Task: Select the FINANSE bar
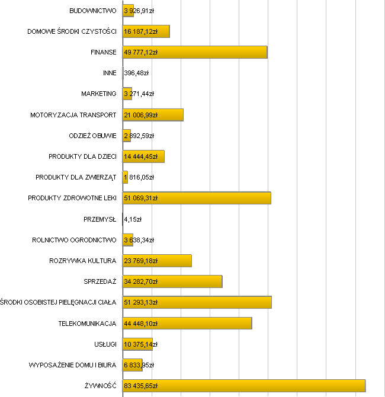coord(213,52)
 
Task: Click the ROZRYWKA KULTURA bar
coord(175,261)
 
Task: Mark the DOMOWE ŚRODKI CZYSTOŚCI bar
coord(163,31)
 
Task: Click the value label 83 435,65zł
coord(140,386)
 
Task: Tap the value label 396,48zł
coord(136,73)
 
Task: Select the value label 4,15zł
coord(133,219)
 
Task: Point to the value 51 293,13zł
coord(140,302)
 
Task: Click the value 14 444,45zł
coord(140,156)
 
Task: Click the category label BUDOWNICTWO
coord(92,11)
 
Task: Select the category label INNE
coord(110,73)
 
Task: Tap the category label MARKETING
coord(99,94)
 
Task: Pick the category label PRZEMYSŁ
coord(100,219)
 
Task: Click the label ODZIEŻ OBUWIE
coord(92,136)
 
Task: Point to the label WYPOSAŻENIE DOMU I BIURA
coord(72,365)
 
